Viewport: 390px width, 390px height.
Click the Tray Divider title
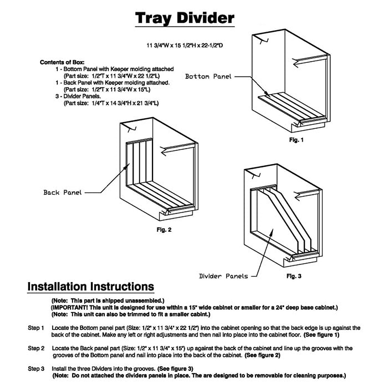click(x=185, y=18)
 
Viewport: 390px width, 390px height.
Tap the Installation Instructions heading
click(x=91, y=287)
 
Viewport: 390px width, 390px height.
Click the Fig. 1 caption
click(x=296, y=140)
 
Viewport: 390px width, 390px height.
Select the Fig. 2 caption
click(x=164, y=230)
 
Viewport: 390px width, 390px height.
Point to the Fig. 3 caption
click(x=294, y=276)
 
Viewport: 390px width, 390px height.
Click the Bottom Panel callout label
click(x=208, y=77)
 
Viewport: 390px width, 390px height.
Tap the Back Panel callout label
click(x=62, y=192)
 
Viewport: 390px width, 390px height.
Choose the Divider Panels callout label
click(x=223, y=276)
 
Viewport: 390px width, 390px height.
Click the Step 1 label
click(x=36, y=328)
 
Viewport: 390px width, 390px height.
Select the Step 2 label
click(x=36, y=348)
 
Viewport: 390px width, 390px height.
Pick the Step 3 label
click(x=36, y=369)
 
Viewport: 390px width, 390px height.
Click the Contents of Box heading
click(x=62, y=62)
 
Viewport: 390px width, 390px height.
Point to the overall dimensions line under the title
click(x=185, y=45)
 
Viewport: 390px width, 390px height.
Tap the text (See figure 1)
click(x=321, y=335)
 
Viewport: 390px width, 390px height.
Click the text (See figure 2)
click(x=262, y=355)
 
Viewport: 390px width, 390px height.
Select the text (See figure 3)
click(x=175, y=369)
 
